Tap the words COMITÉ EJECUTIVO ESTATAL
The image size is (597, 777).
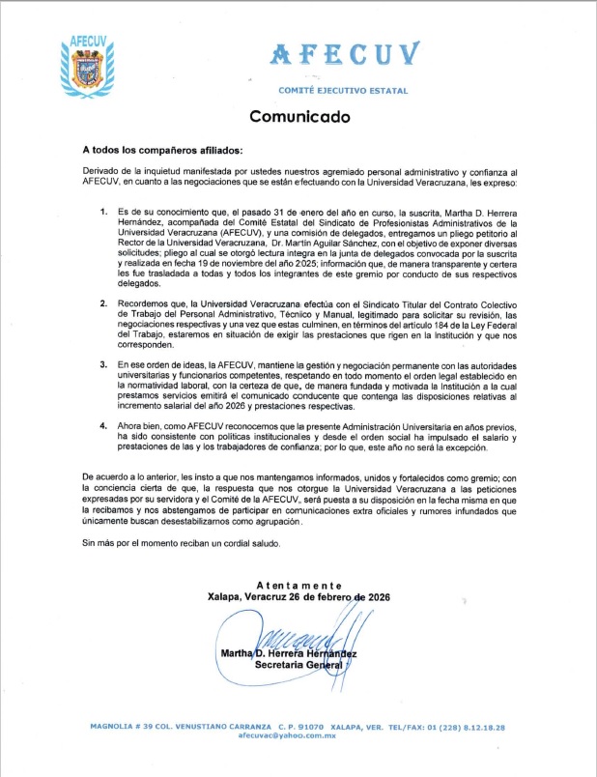tap(343, 90)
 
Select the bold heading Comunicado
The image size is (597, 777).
tap(299, 116)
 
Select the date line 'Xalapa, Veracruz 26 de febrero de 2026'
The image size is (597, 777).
tap(298, 597)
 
